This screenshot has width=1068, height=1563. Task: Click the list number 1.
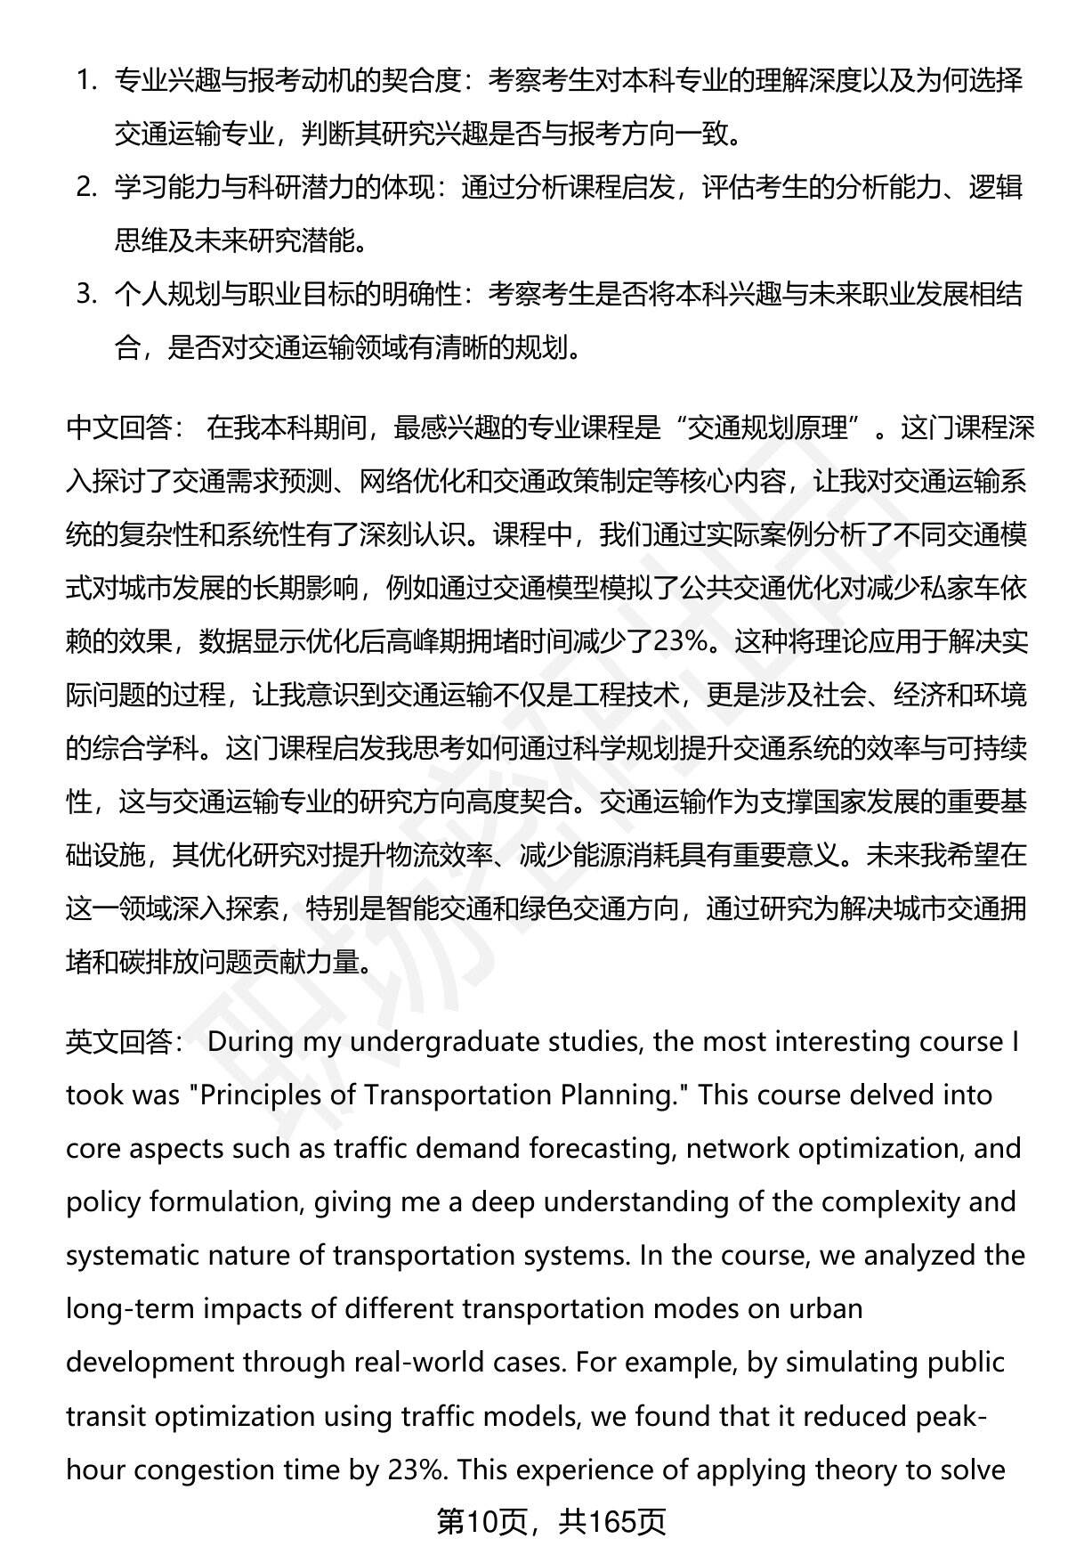[x=85, y=82]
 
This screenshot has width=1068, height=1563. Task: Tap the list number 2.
[x=85, y=188]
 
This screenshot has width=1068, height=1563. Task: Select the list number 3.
[x=85, y=295]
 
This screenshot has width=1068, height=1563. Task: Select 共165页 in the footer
[x=612, y=1522]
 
